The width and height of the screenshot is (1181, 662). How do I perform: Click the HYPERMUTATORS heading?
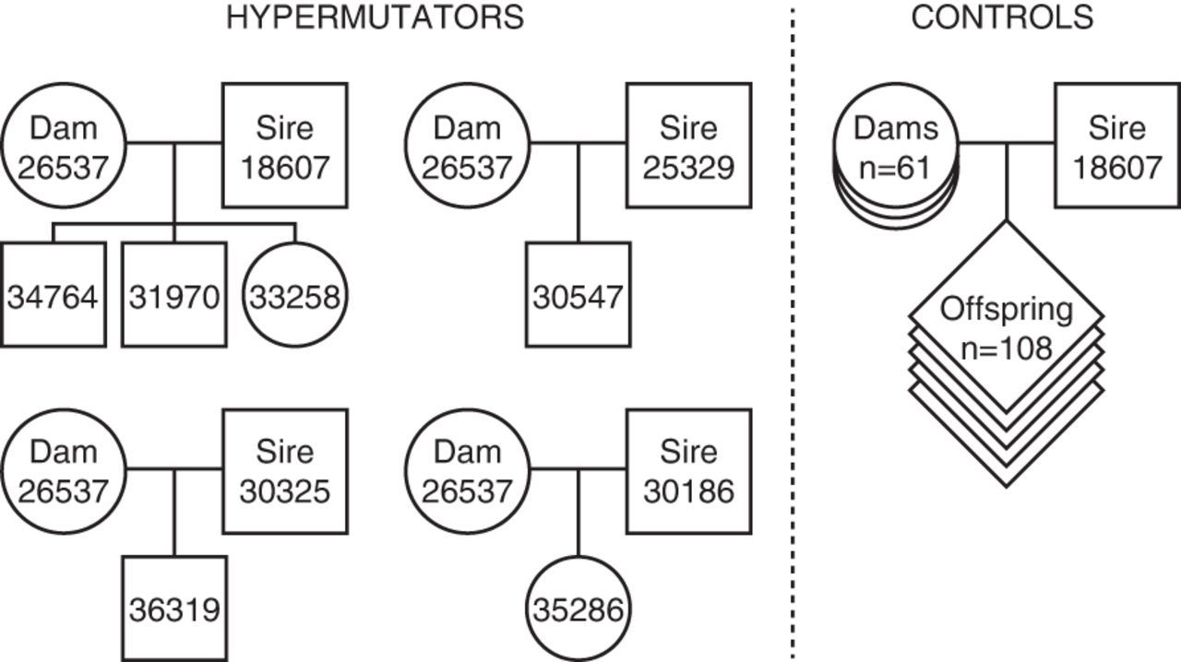click(375, 18)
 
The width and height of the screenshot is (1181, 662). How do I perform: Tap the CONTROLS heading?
click(1002, 18)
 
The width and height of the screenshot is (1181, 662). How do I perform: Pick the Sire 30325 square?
click(284, 471)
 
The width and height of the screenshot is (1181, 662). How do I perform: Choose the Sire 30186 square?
click(688, 471)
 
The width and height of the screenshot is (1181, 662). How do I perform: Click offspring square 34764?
click(53, 296)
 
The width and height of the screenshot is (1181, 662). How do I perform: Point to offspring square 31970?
click(174, 296)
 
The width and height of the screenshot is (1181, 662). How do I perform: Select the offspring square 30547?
click(578, 296)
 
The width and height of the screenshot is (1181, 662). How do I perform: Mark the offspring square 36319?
click(174, 609)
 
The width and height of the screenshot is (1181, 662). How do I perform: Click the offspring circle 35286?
click(578, 609)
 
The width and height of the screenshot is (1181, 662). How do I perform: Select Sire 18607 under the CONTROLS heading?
click(1116, 145)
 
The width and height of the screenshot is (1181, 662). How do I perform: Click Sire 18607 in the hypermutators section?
click(284, 145)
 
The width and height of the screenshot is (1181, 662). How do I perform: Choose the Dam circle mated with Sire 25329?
click(467, 145)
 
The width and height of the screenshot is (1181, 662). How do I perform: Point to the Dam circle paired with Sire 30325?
click(63, 471)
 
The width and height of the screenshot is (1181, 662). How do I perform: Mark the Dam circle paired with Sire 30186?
click(467, 471)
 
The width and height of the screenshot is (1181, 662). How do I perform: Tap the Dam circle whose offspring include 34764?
click(63, 145)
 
